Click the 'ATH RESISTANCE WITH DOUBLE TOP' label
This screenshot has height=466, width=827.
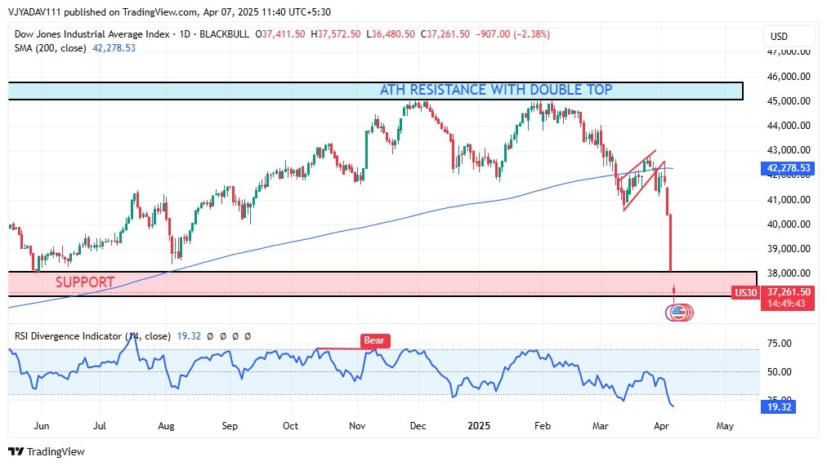coord(495,90)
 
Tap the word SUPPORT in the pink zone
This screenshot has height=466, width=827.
coord(85,282)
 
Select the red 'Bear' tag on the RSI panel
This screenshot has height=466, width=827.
coord(375,340)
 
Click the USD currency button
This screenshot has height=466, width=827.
coord(779,36)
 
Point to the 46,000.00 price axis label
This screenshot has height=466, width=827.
coord(788,77)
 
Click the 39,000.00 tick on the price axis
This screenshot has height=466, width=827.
coord(788,249)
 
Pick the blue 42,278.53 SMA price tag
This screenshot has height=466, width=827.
coord(789,168)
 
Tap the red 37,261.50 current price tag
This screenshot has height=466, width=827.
coord(789,292)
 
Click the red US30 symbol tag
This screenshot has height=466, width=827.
coord(745,292)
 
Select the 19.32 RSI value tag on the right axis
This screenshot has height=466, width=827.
coord(777,406)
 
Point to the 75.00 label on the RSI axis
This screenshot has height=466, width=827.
coord(777,344)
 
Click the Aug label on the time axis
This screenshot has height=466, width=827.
coord(166,425)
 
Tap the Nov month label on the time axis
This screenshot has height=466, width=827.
coord(357,425)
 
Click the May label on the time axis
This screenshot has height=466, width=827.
coord(724,425)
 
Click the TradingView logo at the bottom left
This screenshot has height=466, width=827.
coord(47,451)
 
